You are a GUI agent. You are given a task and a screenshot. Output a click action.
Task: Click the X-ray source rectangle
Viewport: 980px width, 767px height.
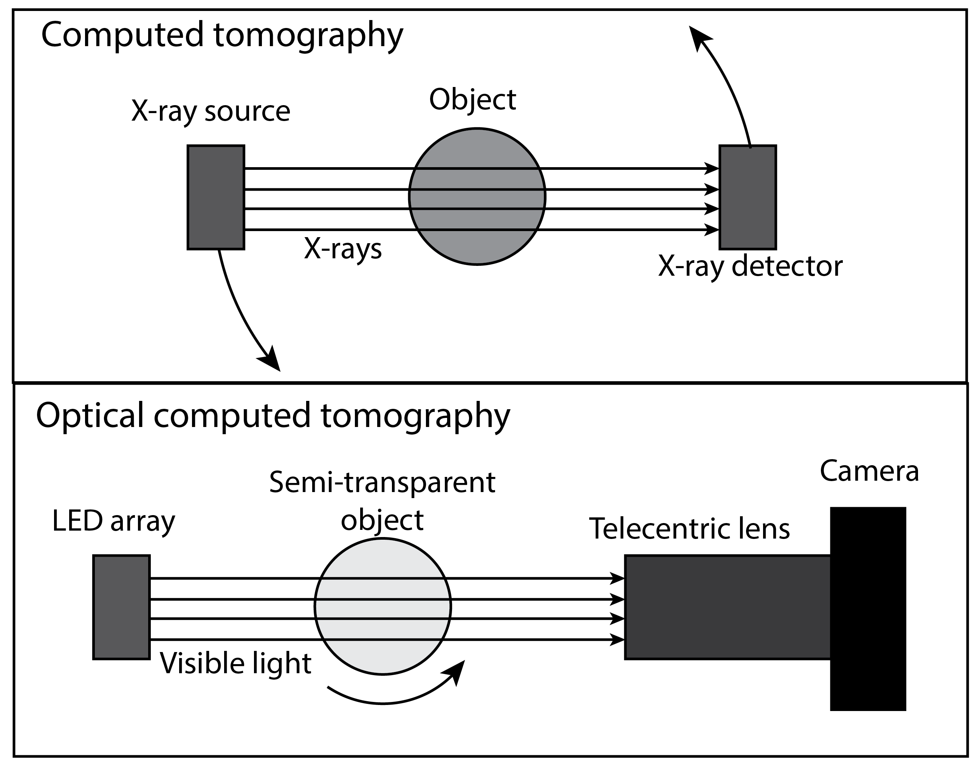click(x=216, y=197)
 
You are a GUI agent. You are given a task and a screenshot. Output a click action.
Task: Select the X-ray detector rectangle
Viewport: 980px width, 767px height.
click(x=748, y=197)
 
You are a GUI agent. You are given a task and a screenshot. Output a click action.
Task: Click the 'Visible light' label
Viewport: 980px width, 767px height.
click(x=235, y=663)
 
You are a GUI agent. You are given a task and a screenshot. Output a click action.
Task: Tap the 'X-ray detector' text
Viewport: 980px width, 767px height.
click(x=750, y=266)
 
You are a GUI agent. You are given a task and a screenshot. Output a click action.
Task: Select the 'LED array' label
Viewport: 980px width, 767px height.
click(x=113, y=521)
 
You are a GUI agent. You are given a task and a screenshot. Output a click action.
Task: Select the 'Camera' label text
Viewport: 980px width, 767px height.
click(x=869, y=470)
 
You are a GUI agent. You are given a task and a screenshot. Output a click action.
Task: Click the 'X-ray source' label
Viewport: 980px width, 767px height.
click(x=211, y=111)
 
